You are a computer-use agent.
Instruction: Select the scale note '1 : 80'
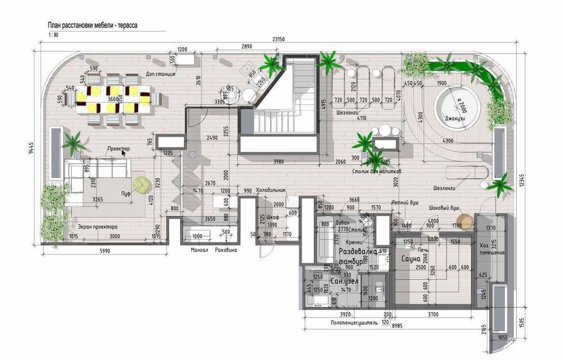(x=54, y=35)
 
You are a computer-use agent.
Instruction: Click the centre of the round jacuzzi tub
(x=457, y=104)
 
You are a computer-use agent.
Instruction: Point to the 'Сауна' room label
(x=411, y=258)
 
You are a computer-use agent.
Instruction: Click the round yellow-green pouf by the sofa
(x=141, y=183)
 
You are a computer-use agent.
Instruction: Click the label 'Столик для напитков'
(x=376, y=170)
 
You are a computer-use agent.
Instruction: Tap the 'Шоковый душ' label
(x=443, y=207)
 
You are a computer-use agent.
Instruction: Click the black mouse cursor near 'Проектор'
(x=125, y=152)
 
